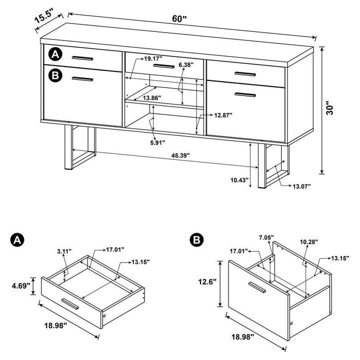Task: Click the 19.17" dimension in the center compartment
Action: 155,58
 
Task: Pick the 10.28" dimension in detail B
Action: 309,242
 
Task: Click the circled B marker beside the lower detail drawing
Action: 196,240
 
